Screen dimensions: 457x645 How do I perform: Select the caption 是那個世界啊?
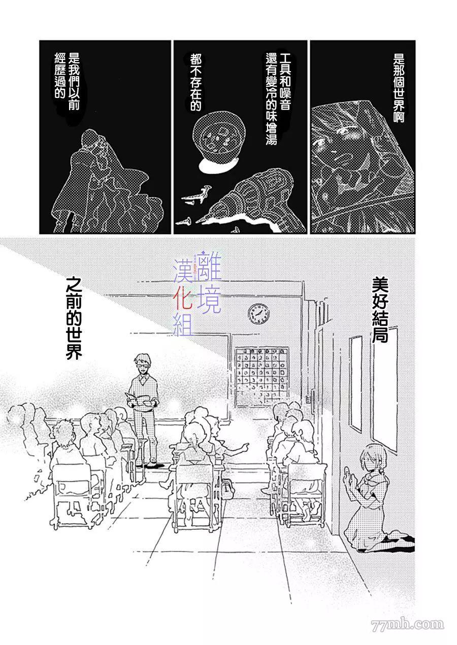[x=399, y=89]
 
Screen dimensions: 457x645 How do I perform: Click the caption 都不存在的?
[x=195, y=83]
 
